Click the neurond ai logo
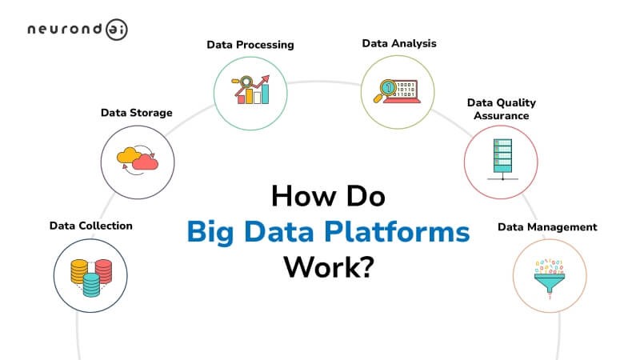(77, 30)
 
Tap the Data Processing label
(250, 45)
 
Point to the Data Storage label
(136, 113)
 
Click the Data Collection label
(90, 226)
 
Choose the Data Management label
(547, 227)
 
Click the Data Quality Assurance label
(502, 109)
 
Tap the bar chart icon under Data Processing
(250, 90)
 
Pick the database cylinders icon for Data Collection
(90, 274)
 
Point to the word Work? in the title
(329, 266)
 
